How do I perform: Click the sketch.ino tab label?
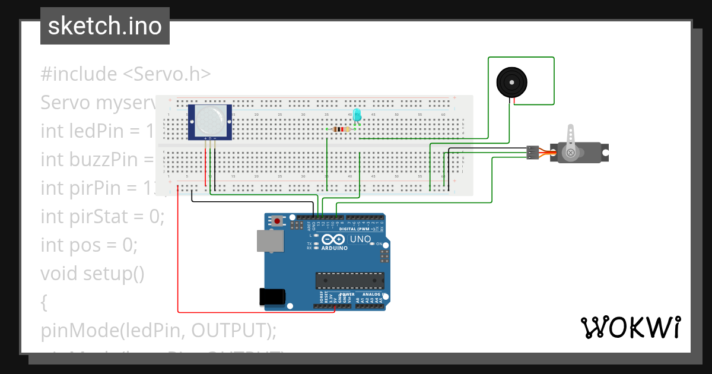coord(105,26)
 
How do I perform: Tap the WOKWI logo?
coord(630,328)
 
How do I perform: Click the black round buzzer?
coord(511,83)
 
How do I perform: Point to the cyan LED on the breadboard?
coord(357,116)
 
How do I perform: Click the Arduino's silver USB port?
coord(270,240)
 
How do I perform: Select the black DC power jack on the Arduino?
coord(272,297)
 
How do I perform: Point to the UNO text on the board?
coord(361,239)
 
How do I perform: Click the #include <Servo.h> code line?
coord(126,74)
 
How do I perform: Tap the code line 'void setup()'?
coord(93,273)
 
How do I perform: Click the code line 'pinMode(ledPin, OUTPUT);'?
coord(159,330)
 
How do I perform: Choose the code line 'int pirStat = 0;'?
coord(102,216)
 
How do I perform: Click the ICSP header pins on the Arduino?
coord(384,256)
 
